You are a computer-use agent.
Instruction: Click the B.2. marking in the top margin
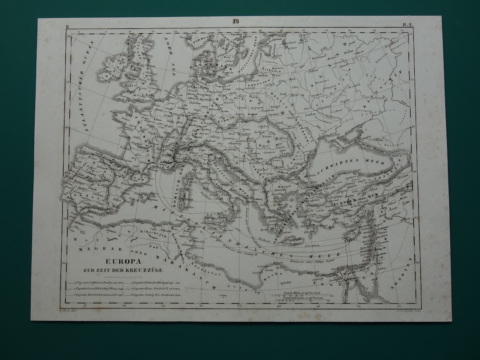click(406, 25)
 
